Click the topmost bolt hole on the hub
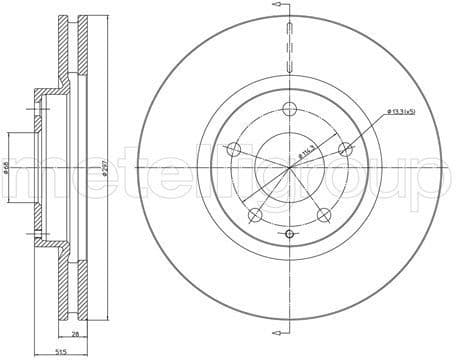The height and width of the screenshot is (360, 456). point(289,110)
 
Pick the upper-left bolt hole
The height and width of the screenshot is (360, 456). point(234,150)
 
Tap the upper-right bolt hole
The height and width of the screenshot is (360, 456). point(345,150)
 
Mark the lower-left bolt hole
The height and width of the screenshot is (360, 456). point(255,214)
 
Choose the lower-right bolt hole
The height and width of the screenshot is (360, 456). point(323,214)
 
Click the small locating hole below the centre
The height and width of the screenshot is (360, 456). point(289,234)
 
